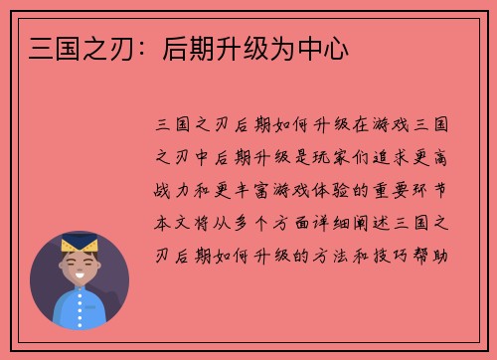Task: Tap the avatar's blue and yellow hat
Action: click(x=79, y=243)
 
